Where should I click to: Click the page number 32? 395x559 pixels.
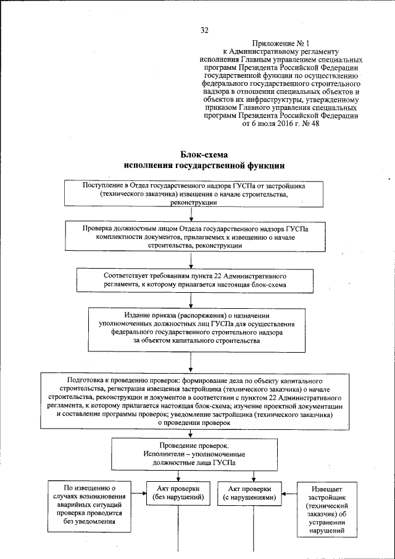click(205, 30)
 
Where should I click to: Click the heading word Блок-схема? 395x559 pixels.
click(204, 154)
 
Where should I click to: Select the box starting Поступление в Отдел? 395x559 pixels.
click(194, 194)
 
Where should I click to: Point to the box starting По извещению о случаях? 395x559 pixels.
click(90, 507)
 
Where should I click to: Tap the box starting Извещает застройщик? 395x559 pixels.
click(322, 508)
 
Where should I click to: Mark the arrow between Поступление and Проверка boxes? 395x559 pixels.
click(192, 215)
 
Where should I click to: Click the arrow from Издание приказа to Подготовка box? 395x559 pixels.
click(192, 364)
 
